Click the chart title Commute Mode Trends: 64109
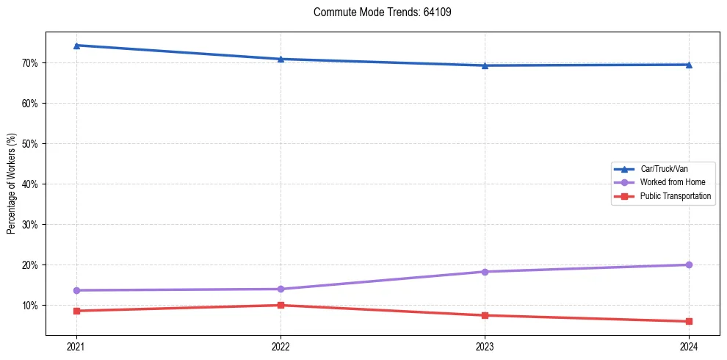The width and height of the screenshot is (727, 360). pyautogui.click(x=377, y=12)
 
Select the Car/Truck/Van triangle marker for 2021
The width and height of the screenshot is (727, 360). pyautogui.click(x=76, y=46)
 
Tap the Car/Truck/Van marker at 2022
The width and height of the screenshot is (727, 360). pyautogui.click(x=281, y=59)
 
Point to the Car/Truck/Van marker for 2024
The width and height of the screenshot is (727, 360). pyautogui.click(x=689, y=65)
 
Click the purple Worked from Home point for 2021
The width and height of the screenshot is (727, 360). pyautogui.click(x=76, y=290)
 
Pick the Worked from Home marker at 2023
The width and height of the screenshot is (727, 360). pyautogui.click(x=485, y=272)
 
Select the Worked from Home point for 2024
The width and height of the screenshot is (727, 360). pyautogui.click(x=689, y=264)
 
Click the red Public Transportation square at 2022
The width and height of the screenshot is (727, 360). pyautogui.click(x=281, y=305)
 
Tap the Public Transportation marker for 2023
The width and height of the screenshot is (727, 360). pyautogui.click(x=485, y=315)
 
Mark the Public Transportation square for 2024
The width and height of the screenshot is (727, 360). pyautogui.click(x=689, y=321)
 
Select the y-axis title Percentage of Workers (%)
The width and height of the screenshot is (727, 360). pyautogui.click(x=12, y=184)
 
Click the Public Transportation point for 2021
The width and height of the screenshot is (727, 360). pyautogui.click(x=76, y=311)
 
